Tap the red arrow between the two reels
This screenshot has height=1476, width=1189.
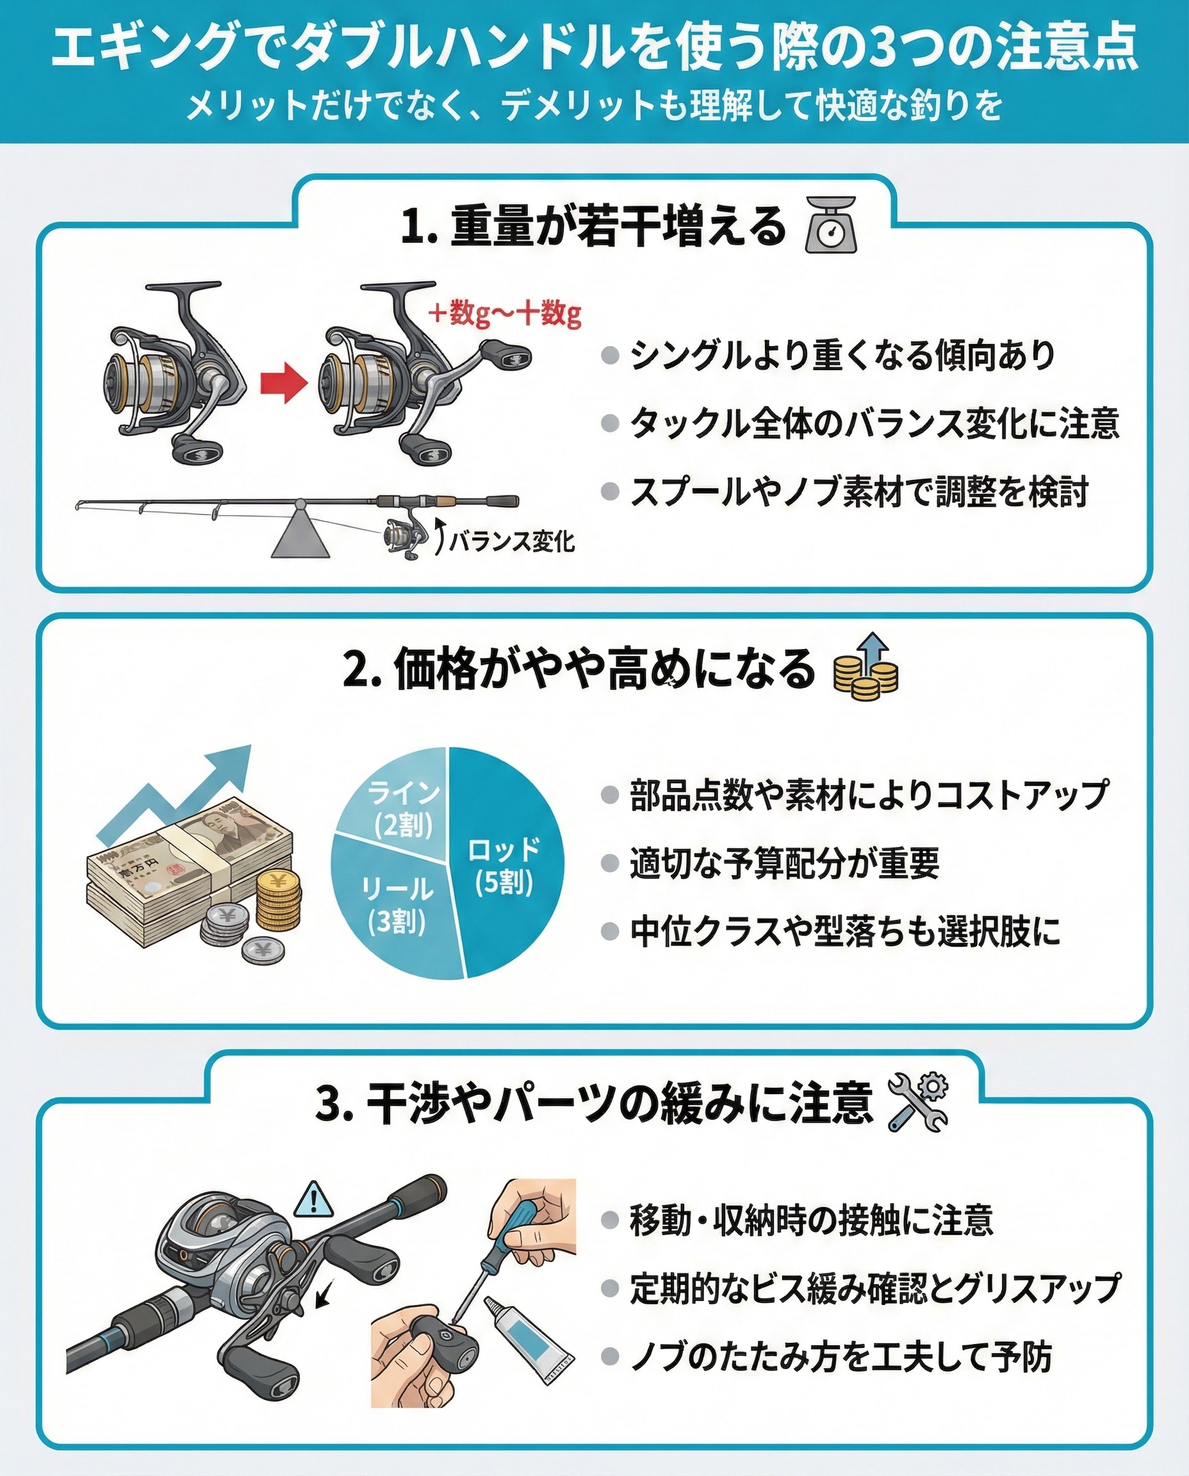tap(284, 384)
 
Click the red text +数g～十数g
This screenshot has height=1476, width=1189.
tap(505, 314)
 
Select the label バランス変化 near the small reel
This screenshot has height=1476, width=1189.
tap(512, 542)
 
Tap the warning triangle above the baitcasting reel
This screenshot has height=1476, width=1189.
tap(313, 1199)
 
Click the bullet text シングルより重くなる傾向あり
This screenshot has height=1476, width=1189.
tap(842, 356)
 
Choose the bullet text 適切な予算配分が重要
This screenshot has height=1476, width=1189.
tap(785, 863)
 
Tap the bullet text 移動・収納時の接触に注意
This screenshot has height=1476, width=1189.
tap(812, 1220)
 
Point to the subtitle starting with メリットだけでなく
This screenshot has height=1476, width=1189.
tap(594, 105)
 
